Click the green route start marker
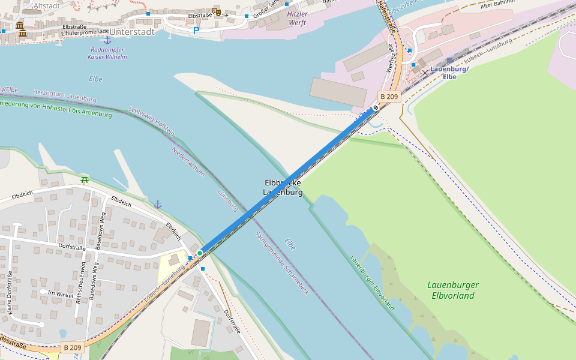[200, 253]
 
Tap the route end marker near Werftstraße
[376, 107]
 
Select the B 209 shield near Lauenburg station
[389, 97]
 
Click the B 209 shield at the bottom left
[72, 347]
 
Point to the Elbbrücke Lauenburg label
[283, 187]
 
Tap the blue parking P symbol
[196, 31]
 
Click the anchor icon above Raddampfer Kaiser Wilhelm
[107, 40]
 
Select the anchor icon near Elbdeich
[158, 205]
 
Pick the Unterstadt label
[132, 32]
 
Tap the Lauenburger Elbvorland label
[452, 290]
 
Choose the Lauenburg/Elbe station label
[449, 73]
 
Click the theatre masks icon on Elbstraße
[217, 12]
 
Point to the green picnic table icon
[84, 179]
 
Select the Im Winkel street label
[60, 293]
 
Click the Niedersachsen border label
[188, 161]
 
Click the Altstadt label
[46, 5]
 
